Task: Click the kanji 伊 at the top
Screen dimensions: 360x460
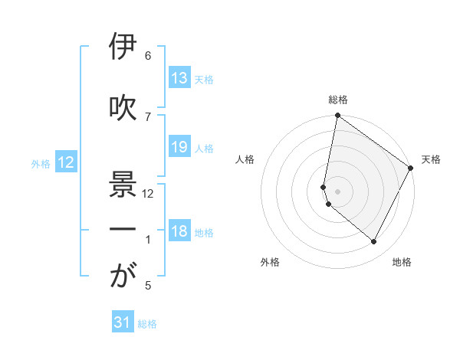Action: pos(123,47)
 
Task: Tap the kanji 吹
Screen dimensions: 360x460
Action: pos(123,108)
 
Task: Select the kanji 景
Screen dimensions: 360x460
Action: pos(123,184)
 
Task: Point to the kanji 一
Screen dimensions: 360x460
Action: pos(123,230)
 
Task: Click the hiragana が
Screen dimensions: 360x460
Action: pos(123,277)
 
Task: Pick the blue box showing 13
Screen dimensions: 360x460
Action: pos(179,78)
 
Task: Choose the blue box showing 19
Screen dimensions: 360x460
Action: pos(179,147)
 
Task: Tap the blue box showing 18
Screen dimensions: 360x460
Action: pos(179,232)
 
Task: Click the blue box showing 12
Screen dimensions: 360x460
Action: pos(66,162)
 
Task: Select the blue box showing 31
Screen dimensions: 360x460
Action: pos(123,323)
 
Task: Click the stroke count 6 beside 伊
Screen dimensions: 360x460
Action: pos(148,56)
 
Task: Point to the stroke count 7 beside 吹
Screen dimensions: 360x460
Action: pos(148,116)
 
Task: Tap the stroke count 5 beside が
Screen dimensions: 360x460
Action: pos(148,286)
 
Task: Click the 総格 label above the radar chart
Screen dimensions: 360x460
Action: pos(338,100)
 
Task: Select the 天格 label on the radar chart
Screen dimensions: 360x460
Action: pos(431,159)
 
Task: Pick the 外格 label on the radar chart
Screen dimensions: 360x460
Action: pos(270,262)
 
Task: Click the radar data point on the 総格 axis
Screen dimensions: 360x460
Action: pos(337,116)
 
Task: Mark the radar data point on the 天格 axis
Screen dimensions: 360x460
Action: pos(411,168)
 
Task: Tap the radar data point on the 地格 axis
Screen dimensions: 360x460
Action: pos(374,242)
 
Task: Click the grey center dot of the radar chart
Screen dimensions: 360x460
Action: pos(338,191)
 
